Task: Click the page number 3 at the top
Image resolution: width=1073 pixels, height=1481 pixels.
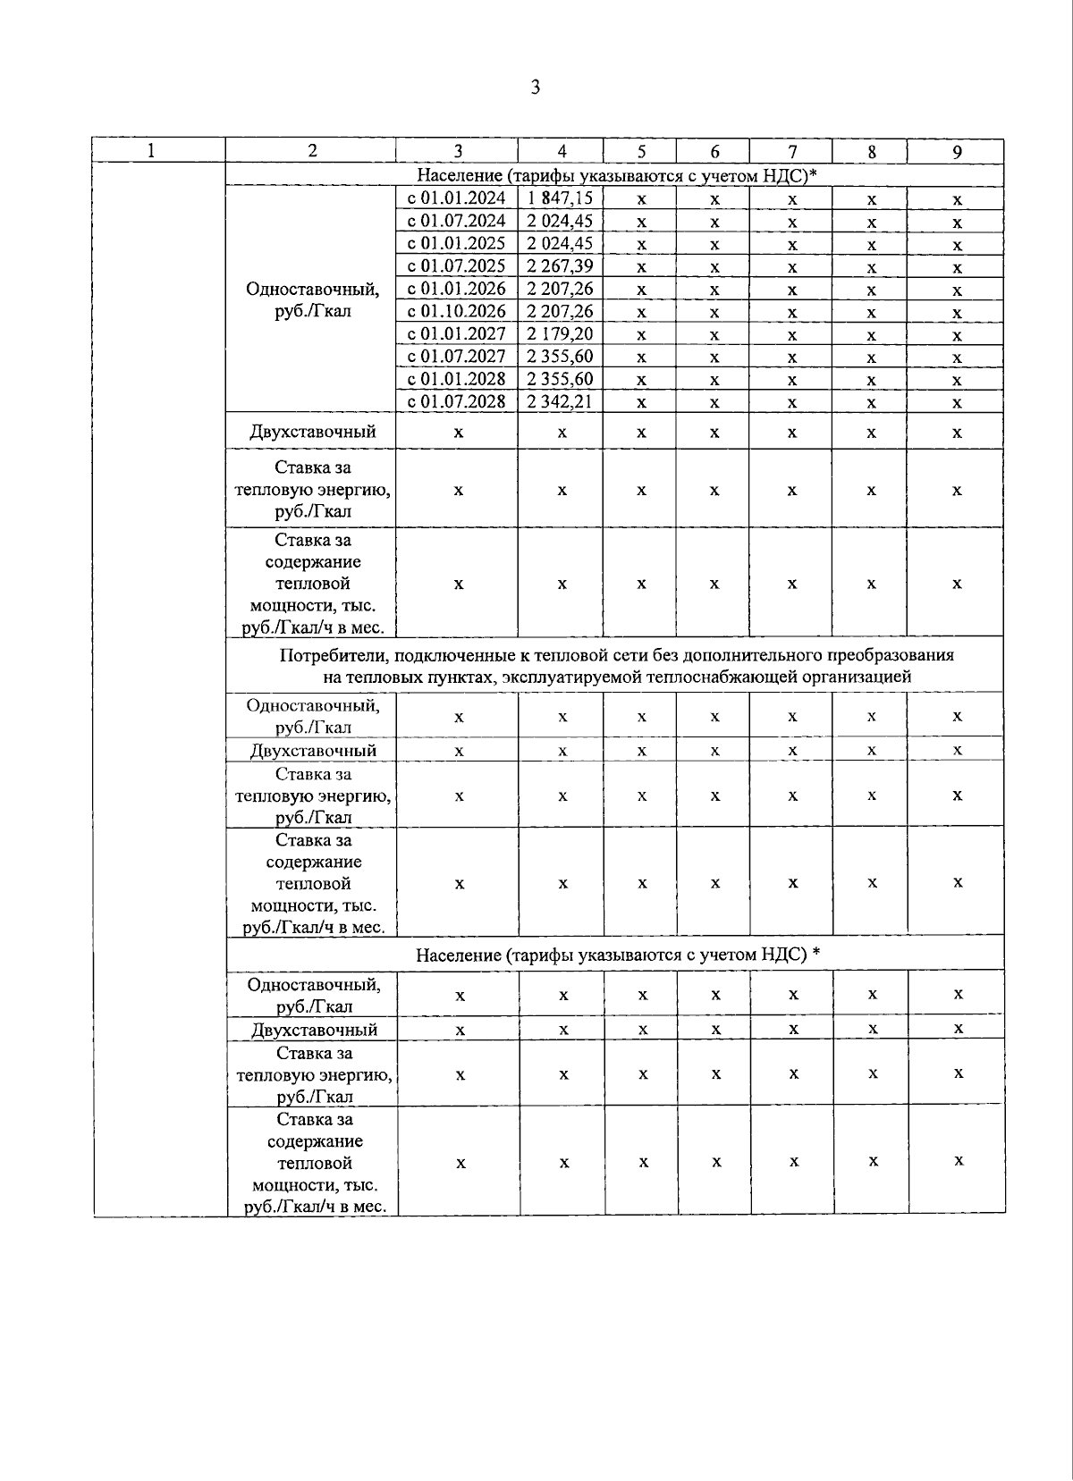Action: [535, 88]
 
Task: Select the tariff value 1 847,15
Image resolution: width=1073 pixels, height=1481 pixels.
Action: [560, 198]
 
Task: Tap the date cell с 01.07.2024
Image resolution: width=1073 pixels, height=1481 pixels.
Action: [456, 221]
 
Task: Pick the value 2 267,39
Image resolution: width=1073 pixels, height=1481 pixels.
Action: [560, 266]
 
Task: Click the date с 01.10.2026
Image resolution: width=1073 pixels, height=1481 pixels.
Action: [456, 311]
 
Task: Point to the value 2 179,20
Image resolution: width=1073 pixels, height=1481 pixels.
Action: [560, 334]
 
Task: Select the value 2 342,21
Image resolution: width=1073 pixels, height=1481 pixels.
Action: [560, 402]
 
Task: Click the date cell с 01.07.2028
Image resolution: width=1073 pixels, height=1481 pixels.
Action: [456, 402]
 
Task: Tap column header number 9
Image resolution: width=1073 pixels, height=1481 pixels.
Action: [956, 152]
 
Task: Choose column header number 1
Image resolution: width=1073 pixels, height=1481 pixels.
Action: [151, 151]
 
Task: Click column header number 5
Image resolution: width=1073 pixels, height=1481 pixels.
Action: [640, 152]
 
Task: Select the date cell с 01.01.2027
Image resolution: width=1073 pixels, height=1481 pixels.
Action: [456, 334]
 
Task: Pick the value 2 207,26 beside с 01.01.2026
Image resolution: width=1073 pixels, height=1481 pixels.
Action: [560, 289]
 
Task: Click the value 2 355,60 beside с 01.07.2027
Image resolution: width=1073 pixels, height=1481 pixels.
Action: [560, 357]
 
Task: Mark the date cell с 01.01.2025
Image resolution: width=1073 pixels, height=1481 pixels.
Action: [456, 244]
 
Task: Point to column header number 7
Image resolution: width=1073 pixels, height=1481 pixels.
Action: [791, 152]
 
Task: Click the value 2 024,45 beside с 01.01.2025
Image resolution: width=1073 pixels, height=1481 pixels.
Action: [560, 244]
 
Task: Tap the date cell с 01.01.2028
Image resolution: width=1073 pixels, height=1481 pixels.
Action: [456, 379]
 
